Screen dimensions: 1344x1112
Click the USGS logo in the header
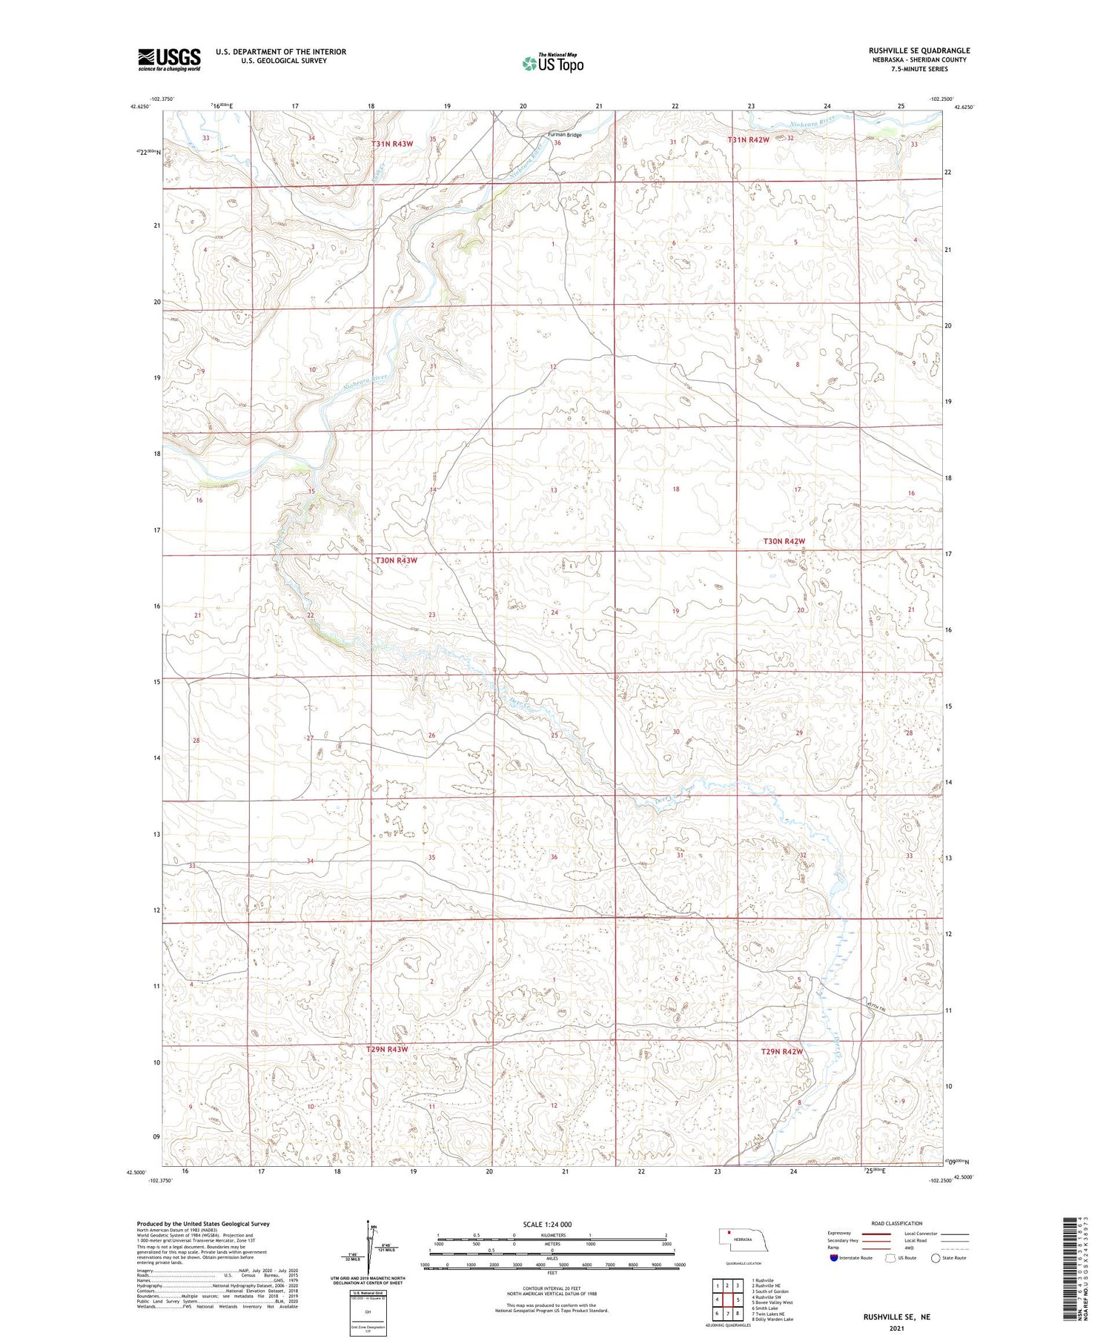pyautogui.click(x=169, y=59)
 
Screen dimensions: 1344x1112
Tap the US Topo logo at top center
pyautogui.click(x=552, y=64)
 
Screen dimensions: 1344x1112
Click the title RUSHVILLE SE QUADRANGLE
pyautogui.click(x=919, y=50)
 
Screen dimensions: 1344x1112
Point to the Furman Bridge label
pyautogui.click(x=564, y=135)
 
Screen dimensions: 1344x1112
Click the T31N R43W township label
pyautogui.click(x=394, y=144)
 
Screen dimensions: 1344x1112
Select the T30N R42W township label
pyautogui.click(x=784, y=541)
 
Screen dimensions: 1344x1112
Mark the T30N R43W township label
pyautogui.click(x=397, y=560)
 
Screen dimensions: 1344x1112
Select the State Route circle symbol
pyautogui.click(x=936, y=1258)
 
